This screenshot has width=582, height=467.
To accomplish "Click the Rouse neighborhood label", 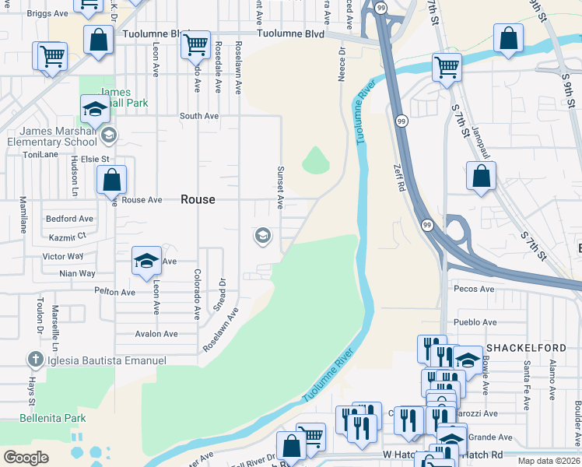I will click(198, 199).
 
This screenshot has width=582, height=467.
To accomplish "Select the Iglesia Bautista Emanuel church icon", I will click(34, 360).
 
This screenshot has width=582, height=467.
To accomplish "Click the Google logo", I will click(26, 457).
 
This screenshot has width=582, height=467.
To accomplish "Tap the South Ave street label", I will click(199, 116).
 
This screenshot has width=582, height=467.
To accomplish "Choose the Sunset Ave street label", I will click(279, 187).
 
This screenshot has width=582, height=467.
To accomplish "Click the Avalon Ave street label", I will click(156, 334).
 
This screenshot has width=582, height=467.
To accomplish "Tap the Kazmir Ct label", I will click(66, 236).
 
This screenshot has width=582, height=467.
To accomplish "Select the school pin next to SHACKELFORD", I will click(467, 360).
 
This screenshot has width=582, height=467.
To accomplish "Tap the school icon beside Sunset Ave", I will click(263, 235).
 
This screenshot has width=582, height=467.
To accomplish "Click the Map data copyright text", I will click(549, 460).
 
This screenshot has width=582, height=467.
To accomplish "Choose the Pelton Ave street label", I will click(114, 293).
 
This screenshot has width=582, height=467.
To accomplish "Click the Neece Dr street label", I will click(341, 63).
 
